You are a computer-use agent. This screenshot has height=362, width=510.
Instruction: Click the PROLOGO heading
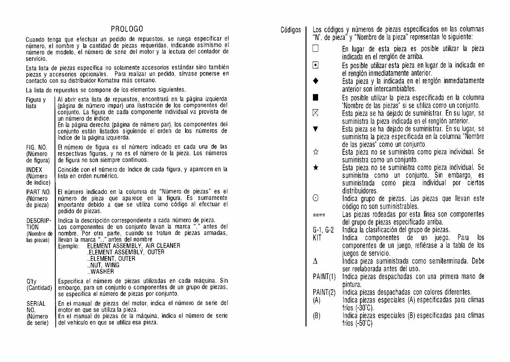point(127,29)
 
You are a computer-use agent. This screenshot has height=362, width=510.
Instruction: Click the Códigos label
point(291,30)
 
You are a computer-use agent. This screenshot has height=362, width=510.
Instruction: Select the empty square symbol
point(315,49)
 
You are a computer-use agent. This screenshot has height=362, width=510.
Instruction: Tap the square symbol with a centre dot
point(315,65)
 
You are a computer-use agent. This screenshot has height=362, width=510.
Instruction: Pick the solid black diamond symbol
point(315,81)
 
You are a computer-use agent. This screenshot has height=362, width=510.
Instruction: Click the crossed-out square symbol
point(315,113)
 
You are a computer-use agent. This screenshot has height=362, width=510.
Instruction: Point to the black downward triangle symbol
point(315,129)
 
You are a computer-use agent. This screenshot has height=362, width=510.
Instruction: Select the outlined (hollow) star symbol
point(315,152)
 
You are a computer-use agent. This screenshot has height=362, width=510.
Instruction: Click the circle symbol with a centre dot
point(315,199)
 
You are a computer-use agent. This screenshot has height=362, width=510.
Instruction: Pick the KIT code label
point(317,238)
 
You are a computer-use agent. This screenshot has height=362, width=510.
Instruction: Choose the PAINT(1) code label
point(324,276)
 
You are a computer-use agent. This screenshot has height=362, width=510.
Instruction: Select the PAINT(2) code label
point(324,292)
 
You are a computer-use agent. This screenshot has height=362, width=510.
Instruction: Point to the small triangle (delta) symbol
point(315,262)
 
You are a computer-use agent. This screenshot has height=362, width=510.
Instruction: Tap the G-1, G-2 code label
point(323,230)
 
